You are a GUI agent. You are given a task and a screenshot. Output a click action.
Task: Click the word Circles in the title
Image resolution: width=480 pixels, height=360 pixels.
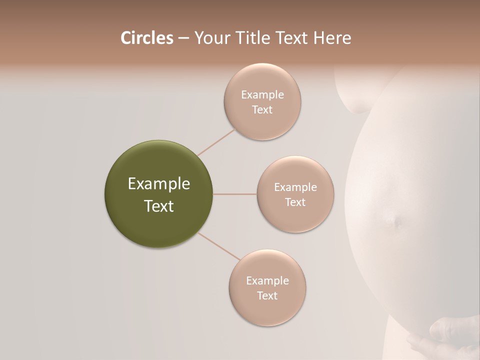(146, 37)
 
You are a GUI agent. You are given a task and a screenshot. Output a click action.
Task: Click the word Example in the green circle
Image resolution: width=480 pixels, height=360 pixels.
(159, 184)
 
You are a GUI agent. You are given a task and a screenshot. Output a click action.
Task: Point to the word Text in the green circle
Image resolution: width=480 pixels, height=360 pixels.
(159, 206)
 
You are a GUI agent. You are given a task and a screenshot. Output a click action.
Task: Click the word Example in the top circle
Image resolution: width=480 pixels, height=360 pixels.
(262, 94)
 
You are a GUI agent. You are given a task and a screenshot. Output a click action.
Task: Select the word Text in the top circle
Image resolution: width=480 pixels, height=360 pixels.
(262, 109)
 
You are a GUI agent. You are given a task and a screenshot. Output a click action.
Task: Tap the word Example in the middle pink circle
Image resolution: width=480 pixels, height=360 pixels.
(295, 187)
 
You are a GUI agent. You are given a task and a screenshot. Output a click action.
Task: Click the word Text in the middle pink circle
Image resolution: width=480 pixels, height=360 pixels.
(295, 202)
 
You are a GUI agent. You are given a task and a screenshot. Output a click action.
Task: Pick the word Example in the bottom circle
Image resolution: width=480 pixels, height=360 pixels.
(267, 280)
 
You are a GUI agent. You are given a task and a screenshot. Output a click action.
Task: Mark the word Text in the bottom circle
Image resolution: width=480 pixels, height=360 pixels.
(267, 295)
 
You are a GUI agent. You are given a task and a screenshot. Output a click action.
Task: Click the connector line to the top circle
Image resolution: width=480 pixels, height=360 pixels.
(216, 141)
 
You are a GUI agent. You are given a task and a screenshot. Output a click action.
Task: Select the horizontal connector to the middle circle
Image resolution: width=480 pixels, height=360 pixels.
(234, 194)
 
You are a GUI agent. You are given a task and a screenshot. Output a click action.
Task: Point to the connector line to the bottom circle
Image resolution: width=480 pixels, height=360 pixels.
(218, 245)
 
